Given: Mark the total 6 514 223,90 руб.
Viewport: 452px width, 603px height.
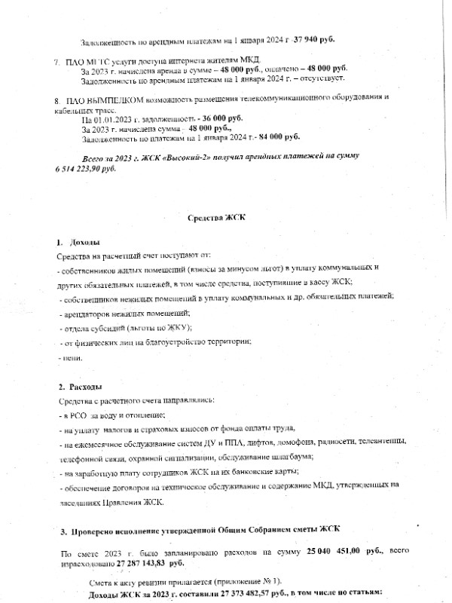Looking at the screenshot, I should [x=86, y=168].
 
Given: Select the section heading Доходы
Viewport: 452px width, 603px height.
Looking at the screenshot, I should [x=84, y=243].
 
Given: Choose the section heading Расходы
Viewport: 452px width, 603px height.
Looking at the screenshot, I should [x=86, y=387].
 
